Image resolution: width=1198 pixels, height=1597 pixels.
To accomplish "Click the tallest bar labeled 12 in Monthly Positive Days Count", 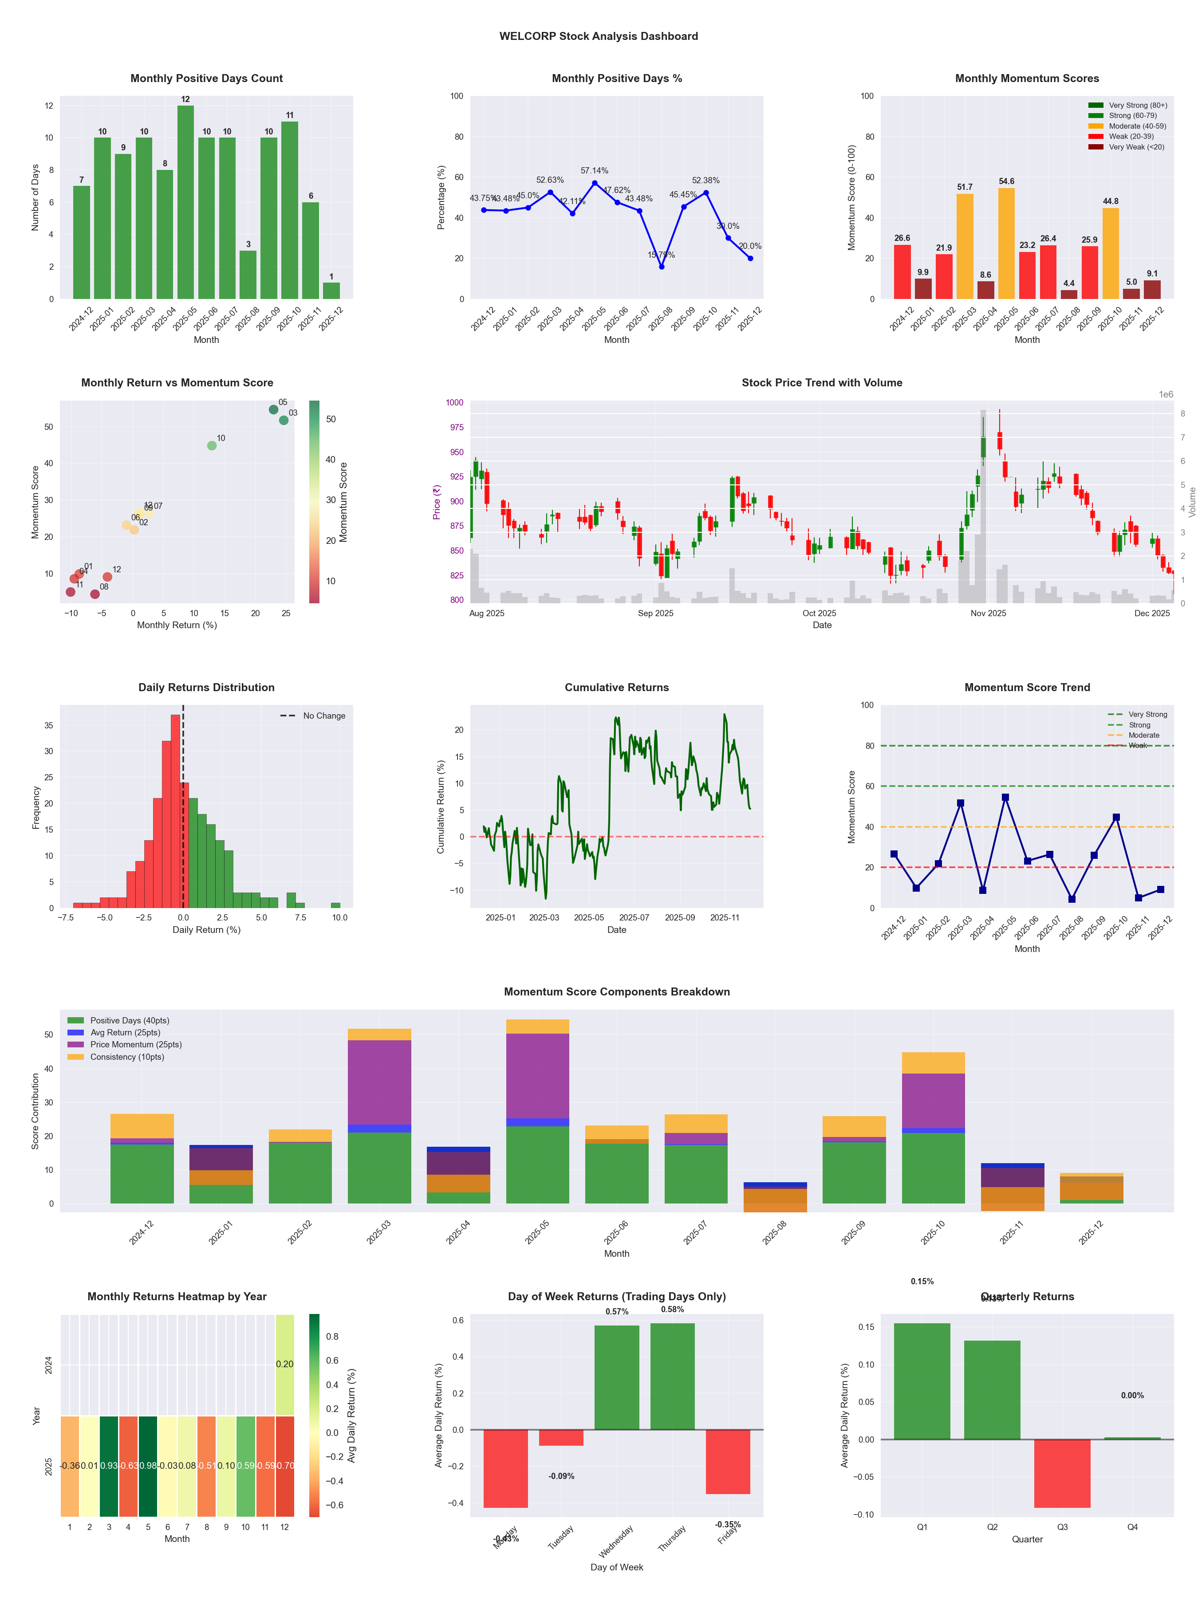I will tap(185, 202).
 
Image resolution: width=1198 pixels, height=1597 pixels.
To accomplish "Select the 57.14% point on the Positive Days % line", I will tap(595, 183).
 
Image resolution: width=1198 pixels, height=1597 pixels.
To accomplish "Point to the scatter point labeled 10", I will tap(212, 445).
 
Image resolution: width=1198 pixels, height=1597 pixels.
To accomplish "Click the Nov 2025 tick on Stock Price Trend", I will tap(988, 614).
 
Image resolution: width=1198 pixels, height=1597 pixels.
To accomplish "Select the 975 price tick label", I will tap(455, 427).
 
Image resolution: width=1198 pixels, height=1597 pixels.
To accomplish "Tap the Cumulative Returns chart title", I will tap(617, 687).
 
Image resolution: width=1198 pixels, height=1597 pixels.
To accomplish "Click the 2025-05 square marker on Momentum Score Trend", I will tap(1005, 798).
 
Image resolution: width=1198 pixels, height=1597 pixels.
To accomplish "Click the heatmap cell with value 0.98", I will tap(148, 1466).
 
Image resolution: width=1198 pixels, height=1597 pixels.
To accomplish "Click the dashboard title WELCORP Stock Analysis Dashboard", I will tap(599, 36).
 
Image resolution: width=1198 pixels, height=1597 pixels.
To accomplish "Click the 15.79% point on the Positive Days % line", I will tap(662, 267).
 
